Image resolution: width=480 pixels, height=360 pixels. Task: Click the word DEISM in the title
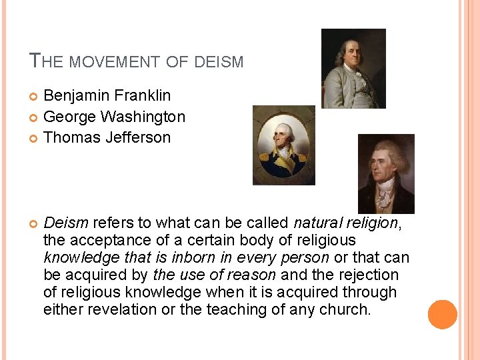[219, 62]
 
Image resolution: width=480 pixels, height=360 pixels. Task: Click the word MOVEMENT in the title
[114, 62]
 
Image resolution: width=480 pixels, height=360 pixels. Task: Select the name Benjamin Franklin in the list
[107, 96]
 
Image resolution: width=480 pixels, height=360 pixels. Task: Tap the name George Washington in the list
[114, 117]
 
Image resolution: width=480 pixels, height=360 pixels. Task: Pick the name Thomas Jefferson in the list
[107, 137]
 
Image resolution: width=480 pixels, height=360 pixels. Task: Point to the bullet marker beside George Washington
[34, 118]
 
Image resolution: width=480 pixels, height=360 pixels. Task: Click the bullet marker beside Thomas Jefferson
[34, 139]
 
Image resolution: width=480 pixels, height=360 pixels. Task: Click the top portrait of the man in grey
[353, 68]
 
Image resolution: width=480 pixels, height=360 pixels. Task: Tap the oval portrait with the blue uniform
[283, 145]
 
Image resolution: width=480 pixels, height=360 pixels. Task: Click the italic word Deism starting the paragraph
[66, 223]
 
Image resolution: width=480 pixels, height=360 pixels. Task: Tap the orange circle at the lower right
[443, 314]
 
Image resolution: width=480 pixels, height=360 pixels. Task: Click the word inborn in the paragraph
[192, 257]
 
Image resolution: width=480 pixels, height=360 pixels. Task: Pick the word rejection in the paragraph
[367, 275]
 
